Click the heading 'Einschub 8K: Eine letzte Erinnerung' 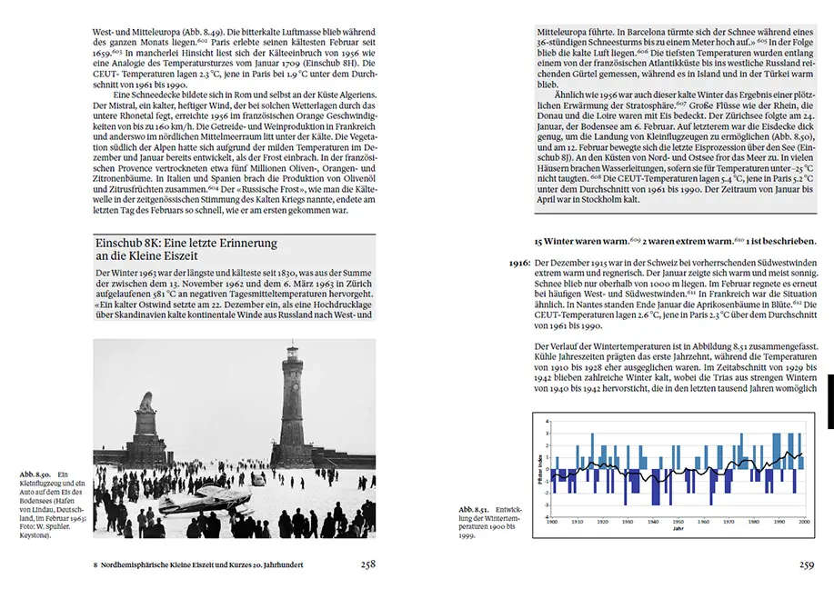coord(186,244)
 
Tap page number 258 coord(367,564)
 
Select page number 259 coord(806,564)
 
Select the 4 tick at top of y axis coord(546,422)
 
